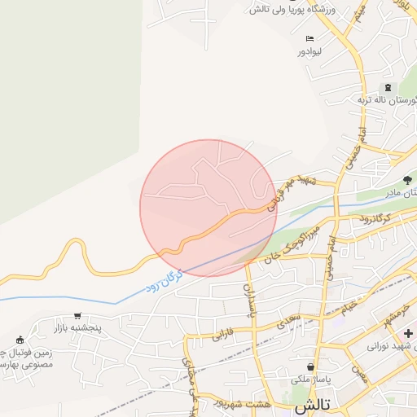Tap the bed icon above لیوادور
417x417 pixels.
click(309, 39)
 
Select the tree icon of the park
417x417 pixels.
click(407, 179)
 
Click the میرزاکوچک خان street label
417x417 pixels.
click(288, 241)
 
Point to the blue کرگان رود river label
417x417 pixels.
click(165, 279)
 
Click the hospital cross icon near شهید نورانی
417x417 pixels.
click(407, 334)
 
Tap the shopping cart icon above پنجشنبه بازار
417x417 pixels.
click(77, 316)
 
